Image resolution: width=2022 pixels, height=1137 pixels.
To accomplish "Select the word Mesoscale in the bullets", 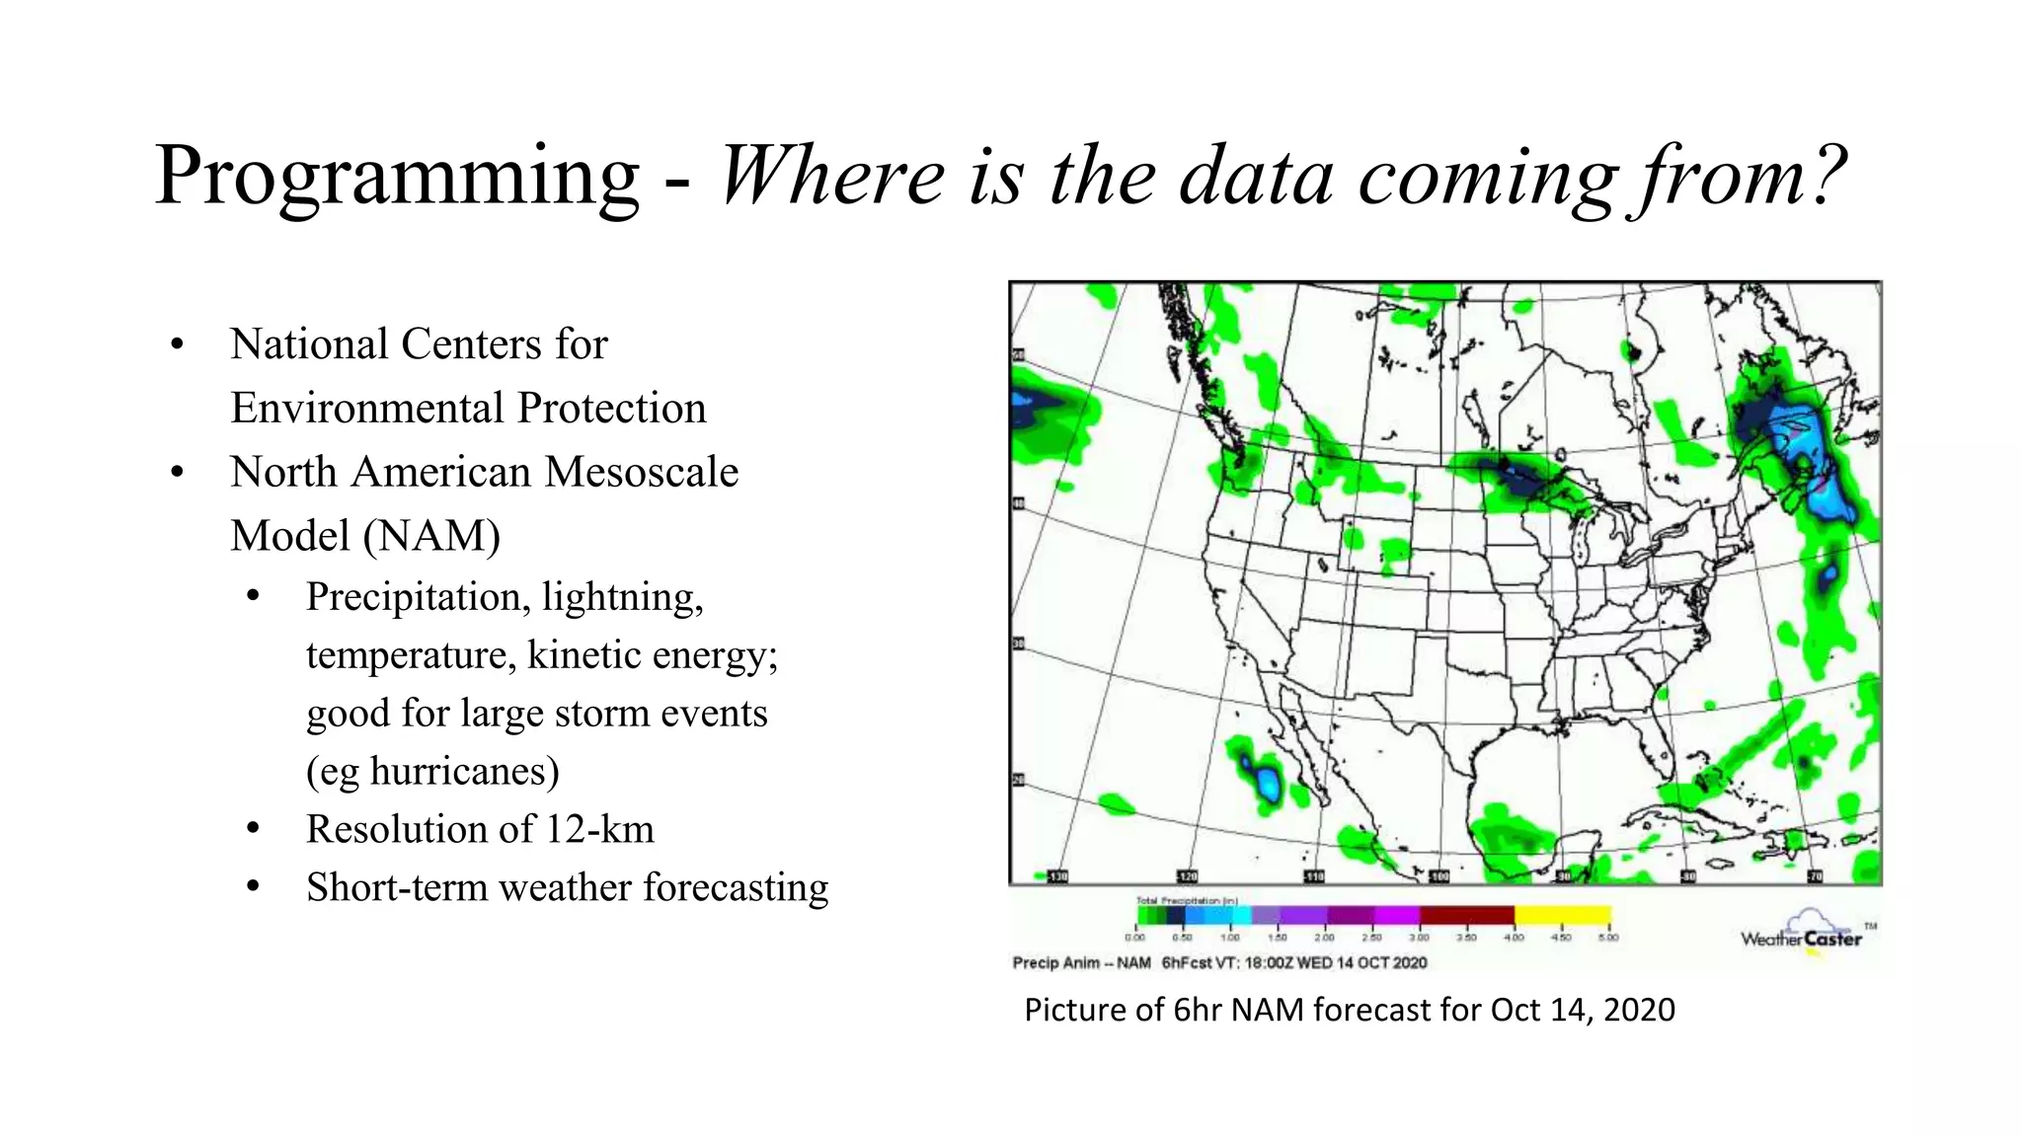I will pyautogui.click(x=642, y=472).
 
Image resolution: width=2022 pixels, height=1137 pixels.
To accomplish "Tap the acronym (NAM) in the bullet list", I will pyautogui.click(x=431, y=536).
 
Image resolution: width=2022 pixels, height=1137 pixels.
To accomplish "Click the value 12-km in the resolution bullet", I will pyautogui.click(x=599, y=829).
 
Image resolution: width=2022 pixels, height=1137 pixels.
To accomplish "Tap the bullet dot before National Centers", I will pyautogui.click(x=177, y=344).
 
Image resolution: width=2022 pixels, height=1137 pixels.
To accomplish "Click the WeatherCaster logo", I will pyautogui.click(x=1803, y=934).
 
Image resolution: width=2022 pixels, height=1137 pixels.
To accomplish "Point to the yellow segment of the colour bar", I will pyautogui.click(x=1562, y=915).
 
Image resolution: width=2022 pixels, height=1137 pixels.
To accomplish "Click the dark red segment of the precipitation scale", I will pyautogui.click(x=1467, y=915).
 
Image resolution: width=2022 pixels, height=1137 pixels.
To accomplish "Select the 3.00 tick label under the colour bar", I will pyautogui.click(x=1418, y=938).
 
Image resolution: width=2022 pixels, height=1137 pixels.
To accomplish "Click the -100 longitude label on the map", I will pyautogui.click(x=1439, y=876).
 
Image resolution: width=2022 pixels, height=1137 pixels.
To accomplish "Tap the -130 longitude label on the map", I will pyautogui.click(x=1056, y=876).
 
